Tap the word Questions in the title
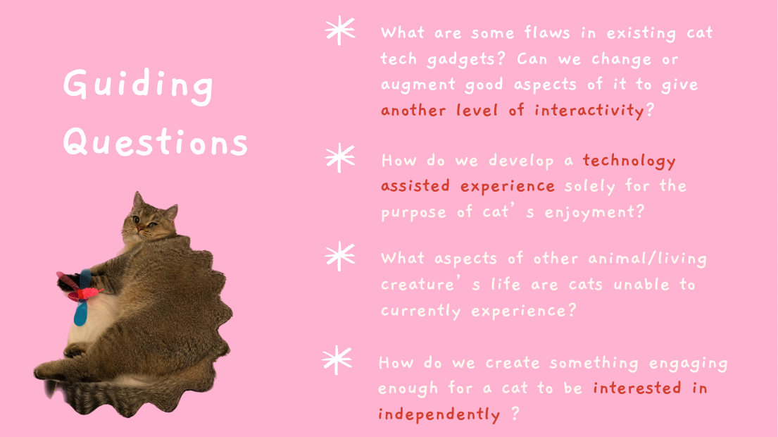pos(156,142)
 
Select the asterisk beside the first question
pos(340,31)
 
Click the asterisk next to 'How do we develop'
pos(340,158)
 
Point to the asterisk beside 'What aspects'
pos(340,257)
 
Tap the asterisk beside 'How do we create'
pos(337,359)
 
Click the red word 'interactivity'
pos(589,110)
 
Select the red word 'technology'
pos(629,161)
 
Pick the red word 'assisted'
pos(415,186)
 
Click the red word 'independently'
pos(439,414)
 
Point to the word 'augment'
pos(418,85)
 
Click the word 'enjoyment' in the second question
pos(589,213)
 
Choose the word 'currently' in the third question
pos(421,312)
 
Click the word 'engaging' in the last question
pos(688,364)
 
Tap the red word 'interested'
pos(637,388)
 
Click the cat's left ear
pos(137,201)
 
